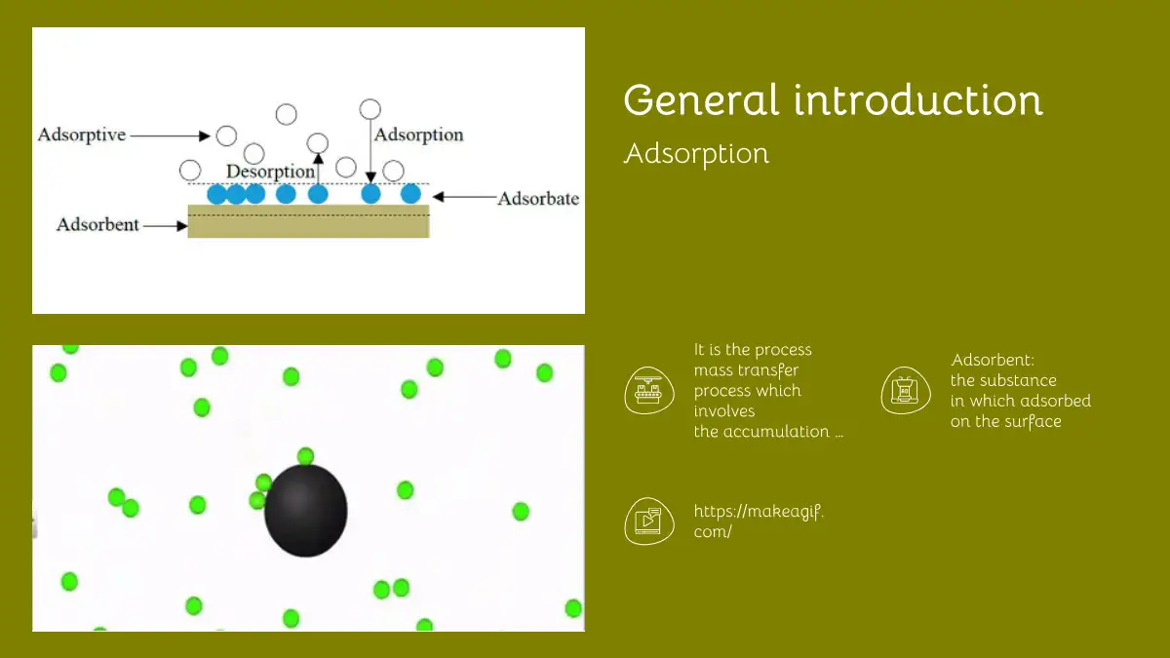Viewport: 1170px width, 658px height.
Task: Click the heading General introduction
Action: click(x=833, y=99)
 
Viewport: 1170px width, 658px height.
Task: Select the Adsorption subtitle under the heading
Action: click(x=696, y=154)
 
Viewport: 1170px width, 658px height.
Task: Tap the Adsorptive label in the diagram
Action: click(x=82, y=135)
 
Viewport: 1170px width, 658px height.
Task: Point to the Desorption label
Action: click(x=271, y=172)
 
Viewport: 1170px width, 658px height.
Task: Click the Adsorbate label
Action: click(x=538, y=199)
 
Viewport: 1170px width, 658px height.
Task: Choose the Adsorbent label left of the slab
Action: click(x=97, y=224)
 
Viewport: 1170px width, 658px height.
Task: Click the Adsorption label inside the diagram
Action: click(x=419, y=135)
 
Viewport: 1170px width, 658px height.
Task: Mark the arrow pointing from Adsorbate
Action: click(x=464, y=197)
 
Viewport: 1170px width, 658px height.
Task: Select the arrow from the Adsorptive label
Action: click(x=170, y=135)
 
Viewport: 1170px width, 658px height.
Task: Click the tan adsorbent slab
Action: click(x=309, y=221)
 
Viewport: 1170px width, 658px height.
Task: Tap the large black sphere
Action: click(x=305, y=510)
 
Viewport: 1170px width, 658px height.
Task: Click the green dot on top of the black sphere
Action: click(x=305, y=456)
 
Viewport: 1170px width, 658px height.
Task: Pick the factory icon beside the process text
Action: click(x=649, y=391)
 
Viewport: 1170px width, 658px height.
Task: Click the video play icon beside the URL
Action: click(x=649, y=522)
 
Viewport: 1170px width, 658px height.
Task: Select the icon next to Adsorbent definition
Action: click(x=906, y=391)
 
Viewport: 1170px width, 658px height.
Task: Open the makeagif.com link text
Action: click(x=759, y=522)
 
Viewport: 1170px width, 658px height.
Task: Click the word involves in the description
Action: click(x=724, y=411)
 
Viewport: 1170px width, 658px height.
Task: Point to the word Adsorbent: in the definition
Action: click(x=993, y=360)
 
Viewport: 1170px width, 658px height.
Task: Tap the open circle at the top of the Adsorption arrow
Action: click(x=370, y=109)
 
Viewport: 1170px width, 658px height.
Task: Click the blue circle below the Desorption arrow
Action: click(x=318, y=194)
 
